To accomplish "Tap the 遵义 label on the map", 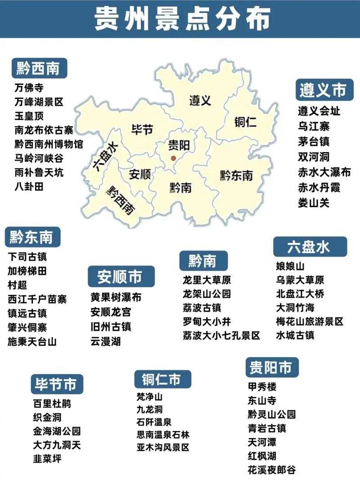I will (x=200, y=100).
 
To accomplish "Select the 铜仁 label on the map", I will (x=245, y=121).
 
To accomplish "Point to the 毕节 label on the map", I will (x=142, y=130).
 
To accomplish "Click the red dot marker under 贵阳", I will (x=174, y=158).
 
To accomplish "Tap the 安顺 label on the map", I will (x=139, y=174).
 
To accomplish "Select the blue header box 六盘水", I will (x=310, y=247).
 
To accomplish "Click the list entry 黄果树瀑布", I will (x=116, y=297).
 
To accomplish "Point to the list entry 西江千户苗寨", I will (x=37, y=299).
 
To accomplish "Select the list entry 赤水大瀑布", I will (x=324, y=172).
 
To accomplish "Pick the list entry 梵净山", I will (x=150, y=397).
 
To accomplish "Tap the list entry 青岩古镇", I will (x=267, y=428).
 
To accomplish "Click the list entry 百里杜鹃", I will (x=52, y=404).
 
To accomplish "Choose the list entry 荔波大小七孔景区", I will (x=221, y=336).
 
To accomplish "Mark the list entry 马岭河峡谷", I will (x=39, y=158).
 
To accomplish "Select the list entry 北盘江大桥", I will (x=300, y=294).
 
